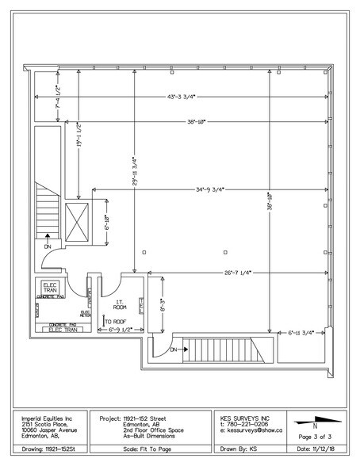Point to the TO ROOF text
(x=116, y=321)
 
